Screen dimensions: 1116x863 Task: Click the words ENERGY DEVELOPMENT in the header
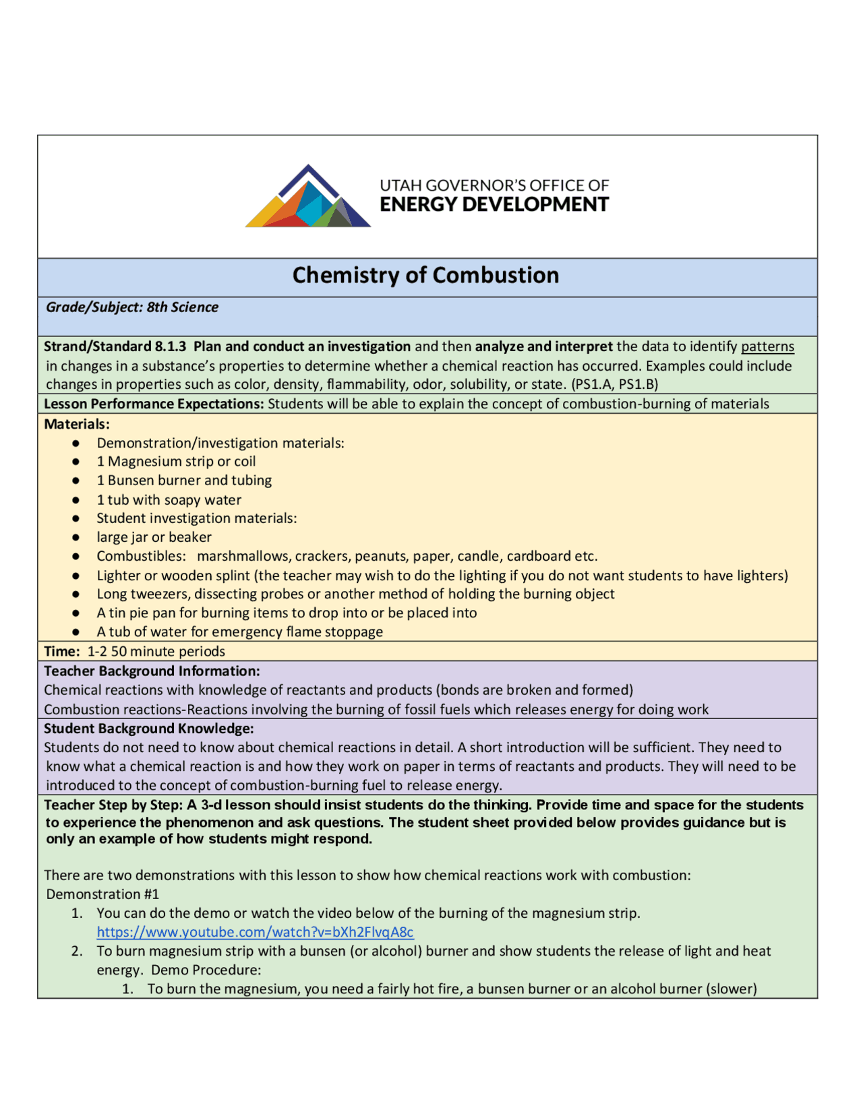(494, 205)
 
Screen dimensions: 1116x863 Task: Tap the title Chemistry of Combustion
(425, 276)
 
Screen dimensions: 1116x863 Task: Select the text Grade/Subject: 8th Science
(132, 307)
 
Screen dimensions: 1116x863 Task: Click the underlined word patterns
(767, 346)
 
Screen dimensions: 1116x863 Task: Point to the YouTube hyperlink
(255, 932)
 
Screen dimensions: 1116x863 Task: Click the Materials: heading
(77, 425)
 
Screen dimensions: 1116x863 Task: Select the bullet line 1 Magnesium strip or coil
(176, 462)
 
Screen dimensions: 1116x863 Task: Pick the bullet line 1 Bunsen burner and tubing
(184, 480)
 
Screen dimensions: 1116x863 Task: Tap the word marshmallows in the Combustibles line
(243, 557)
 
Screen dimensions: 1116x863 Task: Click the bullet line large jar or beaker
(154, 538)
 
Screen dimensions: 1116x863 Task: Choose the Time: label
(61, 652)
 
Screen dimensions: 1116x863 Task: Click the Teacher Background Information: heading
(152, 671)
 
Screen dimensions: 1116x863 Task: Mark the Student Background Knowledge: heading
(149, 728)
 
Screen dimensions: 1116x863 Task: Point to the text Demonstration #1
(102, 894)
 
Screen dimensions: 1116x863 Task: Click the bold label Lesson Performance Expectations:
(154, 404)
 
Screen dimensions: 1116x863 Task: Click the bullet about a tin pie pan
(287, 613)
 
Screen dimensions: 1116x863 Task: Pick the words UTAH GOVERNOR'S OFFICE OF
(494, 185)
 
